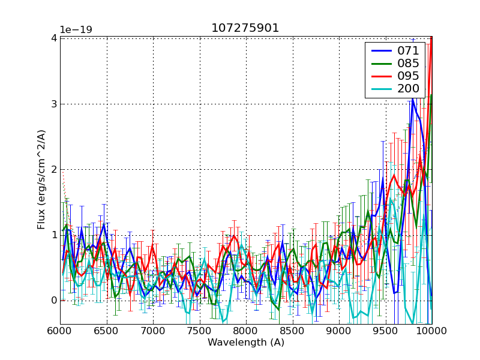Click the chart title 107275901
tap(245, 28)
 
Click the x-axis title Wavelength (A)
tap(246, 343)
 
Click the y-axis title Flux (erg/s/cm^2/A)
tap(41, 180)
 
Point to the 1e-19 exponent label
tap(76, 30)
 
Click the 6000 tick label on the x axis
tap(60, 331)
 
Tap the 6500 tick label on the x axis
tap(107, 331)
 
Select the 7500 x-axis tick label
tap(200, 331)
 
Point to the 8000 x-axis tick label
tap(246, 331)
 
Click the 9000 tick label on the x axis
tap(339, 331)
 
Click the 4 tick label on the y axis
tap(54, 38)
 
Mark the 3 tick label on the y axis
tap(54, 104)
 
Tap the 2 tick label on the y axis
tap(54, 169)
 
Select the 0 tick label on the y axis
tap(54, 300)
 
